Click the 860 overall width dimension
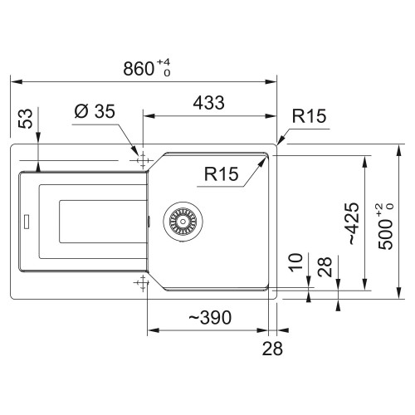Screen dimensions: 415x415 pyautogui.click(x=139, y=69)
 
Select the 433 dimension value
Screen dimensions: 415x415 pyautogui.click(x=208, y=103)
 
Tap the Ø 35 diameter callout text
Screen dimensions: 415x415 pyautogui.click(x=95, y=111)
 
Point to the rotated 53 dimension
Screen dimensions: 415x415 pyautogui.click(x=26, y=119)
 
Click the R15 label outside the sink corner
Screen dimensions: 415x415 pyautogui.click(x=309, y=115)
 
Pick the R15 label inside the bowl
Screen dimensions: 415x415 pyautogui.click(x=221, y=173)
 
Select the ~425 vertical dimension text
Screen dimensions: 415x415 pyautogui.click(x=354, y=223)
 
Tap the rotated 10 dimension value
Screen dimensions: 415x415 pyautogui.click(x=295, y=262)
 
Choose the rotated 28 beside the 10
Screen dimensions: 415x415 pyautogui.click(x=325, y=267)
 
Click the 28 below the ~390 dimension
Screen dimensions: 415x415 pyautogui.click(x=272, y=349)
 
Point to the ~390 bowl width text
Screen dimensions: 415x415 pyautogui.click(x=210, y=317)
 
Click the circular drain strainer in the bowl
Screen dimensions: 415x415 pyautogui.click(x=183, y=222)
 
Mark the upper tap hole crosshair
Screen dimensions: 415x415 pyautogui.click(x=143, y=160)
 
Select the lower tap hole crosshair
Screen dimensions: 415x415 pyautogui.click(x=143, y=283)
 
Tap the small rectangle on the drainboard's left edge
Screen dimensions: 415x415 pyautogui.click(x=27, y=222)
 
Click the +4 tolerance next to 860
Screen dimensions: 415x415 pyautogui.click(x=164, y=62)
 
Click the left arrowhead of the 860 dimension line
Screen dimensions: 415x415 pyautogui.click(x=16, y=82)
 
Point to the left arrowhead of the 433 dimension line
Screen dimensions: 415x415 pyautogui.click(x=149, y=115)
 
